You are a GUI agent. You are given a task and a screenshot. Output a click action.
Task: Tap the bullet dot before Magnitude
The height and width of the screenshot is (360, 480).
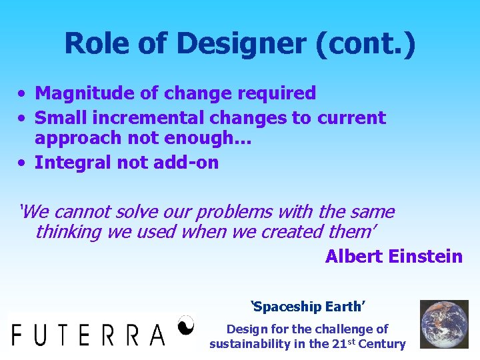pyautogui.click(x=23, y=94)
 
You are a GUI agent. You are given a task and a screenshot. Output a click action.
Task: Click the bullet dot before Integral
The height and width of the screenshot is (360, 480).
pyautogui.click(x=23, y=163)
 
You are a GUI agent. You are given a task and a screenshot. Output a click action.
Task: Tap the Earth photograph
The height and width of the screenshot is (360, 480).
pyautogui.click(x=443, y=325)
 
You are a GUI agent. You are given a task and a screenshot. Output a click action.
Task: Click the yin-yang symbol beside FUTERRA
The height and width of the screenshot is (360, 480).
pyautogui.click(x=187, y=325)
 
